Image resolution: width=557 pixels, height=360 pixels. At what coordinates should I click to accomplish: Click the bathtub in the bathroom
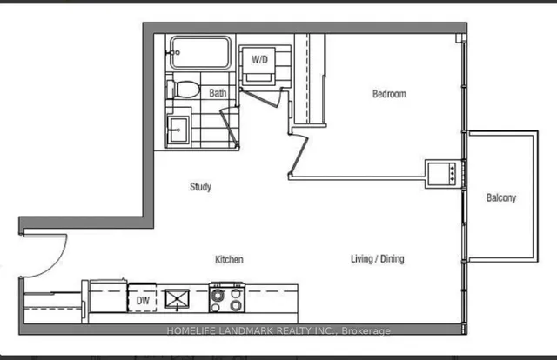point(200,54)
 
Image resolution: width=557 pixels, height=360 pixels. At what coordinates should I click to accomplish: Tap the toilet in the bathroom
point(185,90)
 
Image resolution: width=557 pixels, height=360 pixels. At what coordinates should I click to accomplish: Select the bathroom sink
point(180,130)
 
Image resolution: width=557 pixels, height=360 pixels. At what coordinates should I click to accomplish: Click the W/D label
point(259,60)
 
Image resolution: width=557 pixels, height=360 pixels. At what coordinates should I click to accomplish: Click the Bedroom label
point(389,94)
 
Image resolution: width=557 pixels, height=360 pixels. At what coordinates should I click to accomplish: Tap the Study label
point(200,187)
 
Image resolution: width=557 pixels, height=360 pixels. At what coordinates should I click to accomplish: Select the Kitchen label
point(230,260)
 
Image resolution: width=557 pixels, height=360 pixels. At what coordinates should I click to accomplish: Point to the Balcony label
point(501,198)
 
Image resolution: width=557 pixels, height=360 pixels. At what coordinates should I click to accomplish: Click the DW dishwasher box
point(143,300)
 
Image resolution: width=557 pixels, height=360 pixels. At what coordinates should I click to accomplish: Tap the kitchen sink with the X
point(178,299)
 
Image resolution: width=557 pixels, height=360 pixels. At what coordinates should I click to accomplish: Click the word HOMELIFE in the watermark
point(194,330)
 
